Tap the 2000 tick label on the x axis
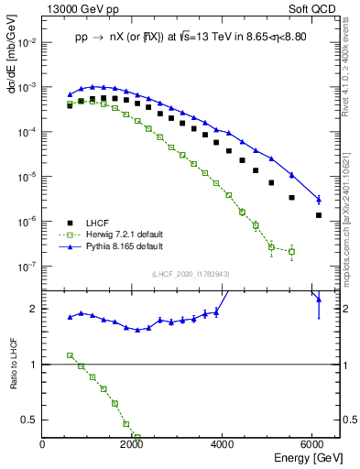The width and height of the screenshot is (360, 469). (x=133, y=445)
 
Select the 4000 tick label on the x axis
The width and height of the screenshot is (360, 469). (x=224, y=445)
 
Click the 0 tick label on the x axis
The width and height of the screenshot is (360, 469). (x=43, y=445)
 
